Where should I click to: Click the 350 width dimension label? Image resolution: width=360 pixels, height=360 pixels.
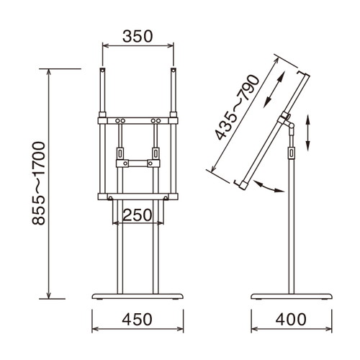138,36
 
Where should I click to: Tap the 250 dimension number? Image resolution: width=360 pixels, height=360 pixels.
138,215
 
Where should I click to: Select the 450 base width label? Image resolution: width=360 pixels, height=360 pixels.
137,320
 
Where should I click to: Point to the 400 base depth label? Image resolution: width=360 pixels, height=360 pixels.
291,320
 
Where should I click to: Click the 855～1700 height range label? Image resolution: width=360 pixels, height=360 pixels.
38,184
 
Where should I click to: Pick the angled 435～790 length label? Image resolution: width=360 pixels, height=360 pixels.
238,107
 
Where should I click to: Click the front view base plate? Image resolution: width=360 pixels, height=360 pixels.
138,296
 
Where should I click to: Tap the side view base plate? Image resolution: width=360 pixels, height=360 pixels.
292,296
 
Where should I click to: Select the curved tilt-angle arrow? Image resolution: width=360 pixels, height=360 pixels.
269,188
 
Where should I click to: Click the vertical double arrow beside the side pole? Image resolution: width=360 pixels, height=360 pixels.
308,132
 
